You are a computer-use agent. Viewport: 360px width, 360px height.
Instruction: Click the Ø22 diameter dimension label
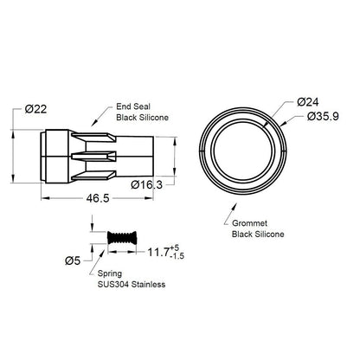[35, 109]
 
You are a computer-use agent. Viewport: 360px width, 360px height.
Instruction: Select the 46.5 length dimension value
[98, 198]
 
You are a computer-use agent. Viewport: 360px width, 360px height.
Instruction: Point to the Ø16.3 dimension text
[146, 184]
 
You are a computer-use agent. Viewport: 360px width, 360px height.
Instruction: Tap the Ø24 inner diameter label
[308, 102]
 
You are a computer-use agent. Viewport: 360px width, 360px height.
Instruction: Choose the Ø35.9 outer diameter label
[323, 117]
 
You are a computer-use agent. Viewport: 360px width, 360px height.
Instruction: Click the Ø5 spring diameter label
[73, 260]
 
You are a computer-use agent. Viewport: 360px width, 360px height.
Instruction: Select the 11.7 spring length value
[158, 252]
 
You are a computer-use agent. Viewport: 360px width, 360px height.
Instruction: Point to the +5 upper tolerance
[175, 248]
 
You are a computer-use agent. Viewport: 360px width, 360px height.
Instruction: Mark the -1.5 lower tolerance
[177, 256]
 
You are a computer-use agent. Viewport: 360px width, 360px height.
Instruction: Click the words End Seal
[133, 106]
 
